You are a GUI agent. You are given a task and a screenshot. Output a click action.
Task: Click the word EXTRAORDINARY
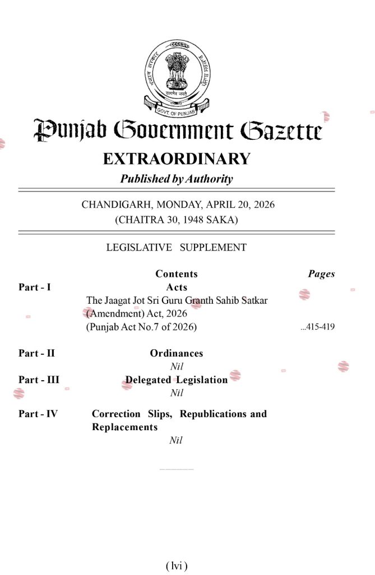tap(176, 159)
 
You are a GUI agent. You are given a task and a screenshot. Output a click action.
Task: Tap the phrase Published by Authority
tap(176, 179)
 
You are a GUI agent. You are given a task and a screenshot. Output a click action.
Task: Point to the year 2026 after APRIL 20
tap(263, 204)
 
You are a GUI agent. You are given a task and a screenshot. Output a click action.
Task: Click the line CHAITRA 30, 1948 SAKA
tap(177, 220)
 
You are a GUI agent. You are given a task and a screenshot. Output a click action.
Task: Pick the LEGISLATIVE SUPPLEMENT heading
tap(176, 247)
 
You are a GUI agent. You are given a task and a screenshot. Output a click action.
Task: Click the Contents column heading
tap(177, 274)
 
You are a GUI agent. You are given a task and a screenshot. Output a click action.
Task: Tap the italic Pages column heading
tap(321, 274)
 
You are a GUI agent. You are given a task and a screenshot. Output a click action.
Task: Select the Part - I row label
tap(35, 287)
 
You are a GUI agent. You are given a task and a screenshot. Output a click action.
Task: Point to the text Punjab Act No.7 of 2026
tap(142, 327)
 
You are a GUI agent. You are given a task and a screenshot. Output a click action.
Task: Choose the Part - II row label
tap(36, 353)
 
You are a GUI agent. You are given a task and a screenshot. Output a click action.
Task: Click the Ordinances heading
tap(177, 353)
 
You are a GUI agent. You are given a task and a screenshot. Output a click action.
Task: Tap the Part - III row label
tap(39, 380)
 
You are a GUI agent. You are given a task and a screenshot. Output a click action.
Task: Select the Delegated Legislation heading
tap(177, 380)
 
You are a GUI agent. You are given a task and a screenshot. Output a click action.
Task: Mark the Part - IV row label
tap(38, 414)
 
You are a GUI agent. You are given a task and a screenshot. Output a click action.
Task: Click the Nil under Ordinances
tap(177, 366)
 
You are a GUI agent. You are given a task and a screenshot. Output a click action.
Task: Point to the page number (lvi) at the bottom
tap(177, 565)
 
